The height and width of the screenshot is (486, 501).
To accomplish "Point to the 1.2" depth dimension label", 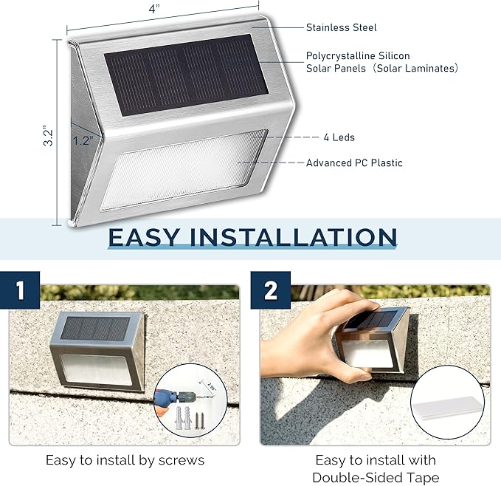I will point(83,139).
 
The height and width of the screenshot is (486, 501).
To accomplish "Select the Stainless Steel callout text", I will point(341,27).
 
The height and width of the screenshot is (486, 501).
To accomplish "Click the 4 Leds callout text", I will point(339,137).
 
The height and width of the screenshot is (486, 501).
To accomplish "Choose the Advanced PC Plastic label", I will point(354,162).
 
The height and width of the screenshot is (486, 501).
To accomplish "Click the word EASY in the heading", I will point(145,237).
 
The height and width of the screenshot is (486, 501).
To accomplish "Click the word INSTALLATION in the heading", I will point(293,237).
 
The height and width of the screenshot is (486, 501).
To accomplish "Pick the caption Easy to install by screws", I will point(125,460).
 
